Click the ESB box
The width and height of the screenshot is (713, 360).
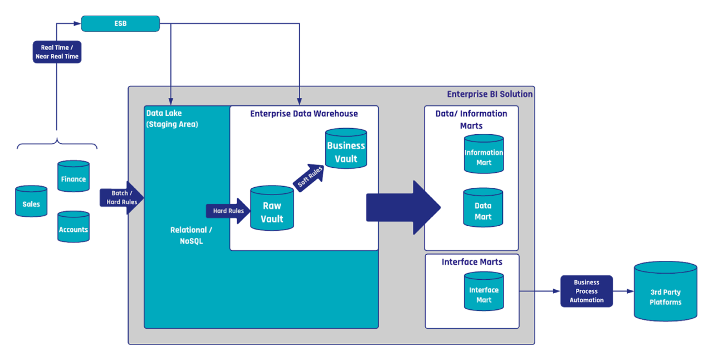120,23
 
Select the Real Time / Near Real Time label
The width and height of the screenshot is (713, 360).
57,52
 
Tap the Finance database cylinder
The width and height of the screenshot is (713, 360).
74,177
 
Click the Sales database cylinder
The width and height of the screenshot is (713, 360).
31,202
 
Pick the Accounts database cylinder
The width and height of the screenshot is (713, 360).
74,227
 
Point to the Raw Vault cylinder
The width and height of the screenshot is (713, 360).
272,209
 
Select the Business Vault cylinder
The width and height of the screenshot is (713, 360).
346,149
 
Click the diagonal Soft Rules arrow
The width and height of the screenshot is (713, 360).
310,178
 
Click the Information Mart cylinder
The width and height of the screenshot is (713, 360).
484,154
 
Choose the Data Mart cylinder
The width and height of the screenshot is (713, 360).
483,208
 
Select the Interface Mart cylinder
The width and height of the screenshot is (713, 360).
484,292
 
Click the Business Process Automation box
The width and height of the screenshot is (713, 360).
586,291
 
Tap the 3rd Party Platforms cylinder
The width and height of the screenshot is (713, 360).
665,292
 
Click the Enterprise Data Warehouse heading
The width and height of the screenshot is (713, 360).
304,114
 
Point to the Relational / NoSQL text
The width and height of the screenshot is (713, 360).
191,235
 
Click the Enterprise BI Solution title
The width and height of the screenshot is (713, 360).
489,94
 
